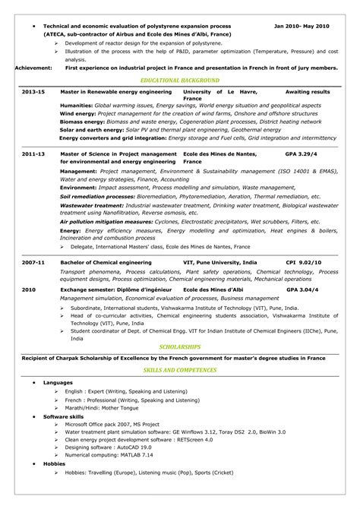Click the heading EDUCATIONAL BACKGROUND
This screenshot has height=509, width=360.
point(179,80)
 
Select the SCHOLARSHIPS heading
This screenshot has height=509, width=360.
point(179,346)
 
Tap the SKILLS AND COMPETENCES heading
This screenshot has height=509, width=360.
point(179,369)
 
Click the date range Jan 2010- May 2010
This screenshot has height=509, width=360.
point(302,26)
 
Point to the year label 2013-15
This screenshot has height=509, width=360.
point(33,91)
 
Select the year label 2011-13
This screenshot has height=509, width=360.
point(33,154)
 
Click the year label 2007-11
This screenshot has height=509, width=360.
point(33,261)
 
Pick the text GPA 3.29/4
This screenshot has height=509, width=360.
point(301,154)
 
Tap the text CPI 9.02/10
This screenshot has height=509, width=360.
point(304,261)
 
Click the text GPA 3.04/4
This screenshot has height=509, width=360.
point(302,290)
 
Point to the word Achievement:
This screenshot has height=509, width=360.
point(33,68)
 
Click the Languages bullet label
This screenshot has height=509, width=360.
point(58,381)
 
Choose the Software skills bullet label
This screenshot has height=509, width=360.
point(64,418)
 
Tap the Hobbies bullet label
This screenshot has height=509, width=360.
point(55,463)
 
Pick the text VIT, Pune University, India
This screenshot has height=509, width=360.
point(216,261)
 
